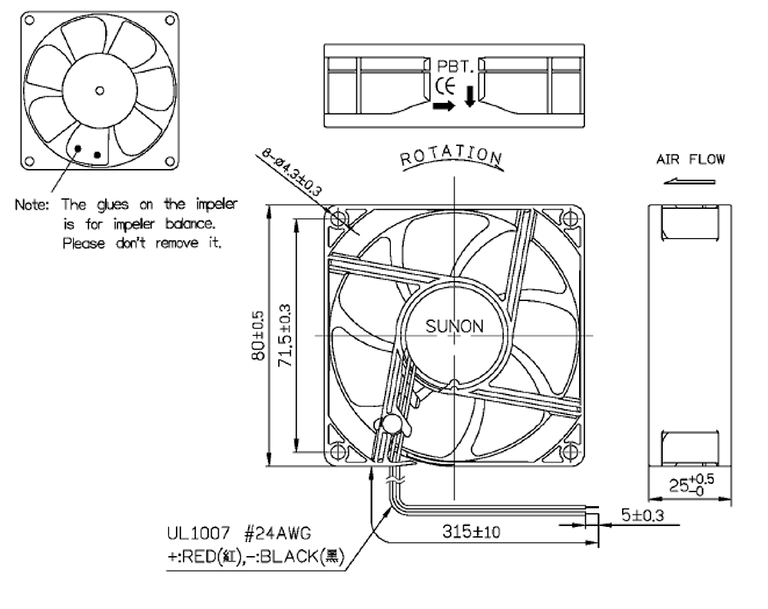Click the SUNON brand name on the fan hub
pyautogui.click(x=454, y=326)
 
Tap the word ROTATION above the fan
pyautogui.click(x=451, y=155)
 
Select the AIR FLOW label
pyautogui.click(x=690, y=159)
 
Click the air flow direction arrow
pyautogui.click(x=690, y=181)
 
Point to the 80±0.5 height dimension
pyautogui.click(x=257, y=336)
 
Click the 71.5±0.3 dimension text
pyautogui.click(x=284, y=336)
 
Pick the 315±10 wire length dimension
pyautogui.click(x=472, y=531)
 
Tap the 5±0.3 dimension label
pyautogui.click(x=643, y=515)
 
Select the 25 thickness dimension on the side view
pyautogui.click(x=691, y=485)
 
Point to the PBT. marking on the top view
pyautogui.click(x=455, y=66)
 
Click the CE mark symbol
pyautogui.click(x=445, y=86)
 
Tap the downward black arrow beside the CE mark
pyautogui.click(x=470, y=97)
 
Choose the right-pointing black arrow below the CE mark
pyautogui.click(x=444, y=106)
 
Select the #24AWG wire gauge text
pyautogui.click(x=277, y=533)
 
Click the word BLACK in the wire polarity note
pyautogui.click(x=289, y=557)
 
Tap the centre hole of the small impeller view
pyautogui.click(x=99, y=91)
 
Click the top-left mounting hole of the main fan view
pyautogui.click(x=339, y=218)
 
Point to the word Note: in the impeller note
pyautogui.click(x=31, y=204)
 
